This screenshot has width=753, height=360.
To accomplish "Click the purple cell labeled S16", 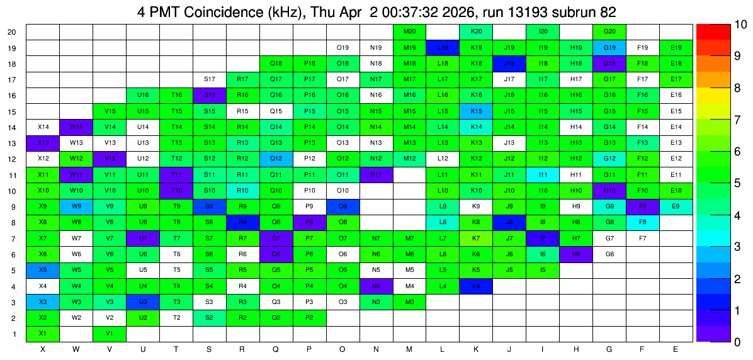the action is (x=210, y=95).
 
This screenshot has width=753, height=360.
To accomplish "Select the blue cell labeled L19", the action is (x=443, y=48).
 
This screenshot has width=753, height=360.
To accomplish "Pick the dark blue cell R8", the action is (x=242, y=222).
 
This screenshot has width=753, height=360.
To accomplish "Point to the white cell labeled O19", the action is (x=343, y=48).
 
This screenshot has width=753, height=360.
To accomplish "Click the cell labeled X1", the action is (x=43, y=334).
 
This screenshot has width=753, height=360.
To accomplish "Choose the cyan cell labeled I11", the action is (x=543, y=175).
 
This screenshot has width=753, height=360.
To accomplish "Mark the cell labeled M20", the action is (x=410, y=31).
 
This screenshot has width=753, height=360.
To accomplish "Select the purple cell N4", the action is (x=376, y=286).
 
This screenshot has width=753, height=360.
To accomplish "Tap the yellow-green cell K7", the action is (x=477, y=238).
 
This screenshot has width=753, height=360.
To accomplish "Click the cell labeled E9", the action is (x=676, y=206).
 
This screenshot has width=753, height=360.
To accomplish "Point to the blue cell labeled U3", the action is (x=143, y=302).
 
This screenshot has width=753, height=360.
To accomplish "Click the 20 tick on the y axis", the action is (x=13, y=32).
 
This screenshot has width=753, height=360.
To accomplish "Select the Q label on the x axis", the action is (x=276, y=350).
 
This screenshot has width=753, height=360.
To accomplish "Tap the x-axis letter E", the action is (x=676, y=350).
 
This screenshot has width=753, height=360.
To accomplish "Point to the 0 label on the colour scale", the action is (x=732, y=342).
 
